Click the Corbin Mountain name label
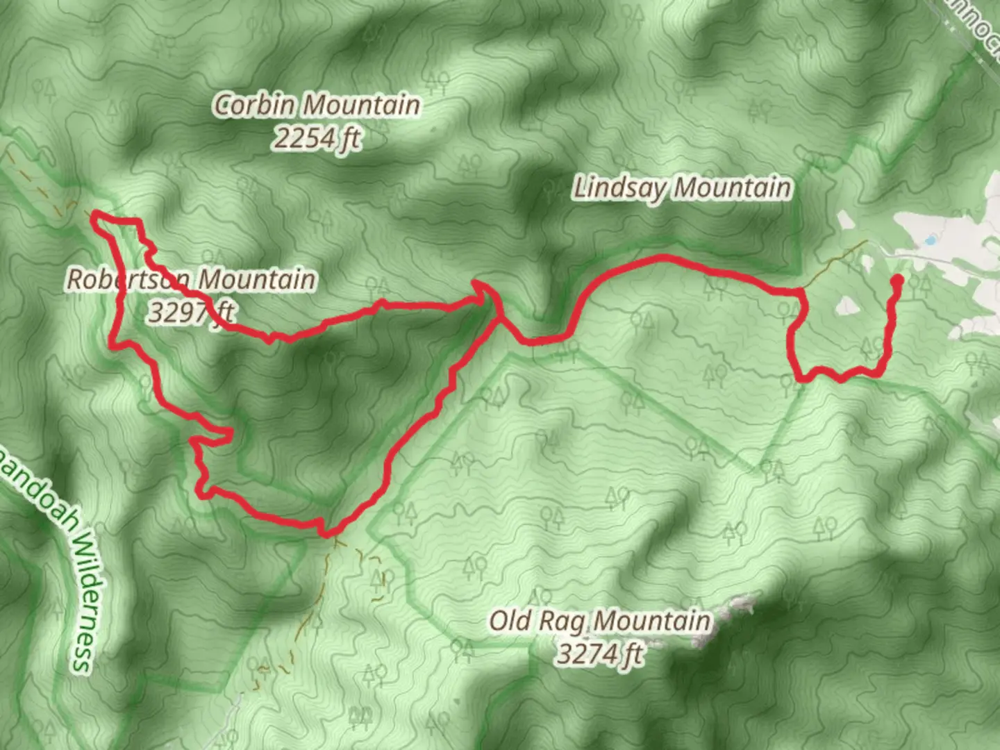pyautogui.click(x=317, y=106)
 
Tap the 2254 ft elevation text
pyautogui.click(x=317, y=139)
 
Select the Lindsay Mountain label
pyautogui.click(x=682, y=188)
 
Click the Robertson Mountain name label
pyautogui.click(x=191, y=279)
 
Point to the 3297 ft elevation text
pyautogui.click(x=191, y=312)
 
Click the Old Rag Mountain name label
pyautogui.click(x=600, y=620)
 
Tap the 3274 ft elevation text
pyautogui.click(x=600, y=653)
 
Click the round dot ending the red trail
pyautogui.click(x=897, y=281)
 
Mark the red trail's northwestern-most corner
pyautogui.click(x=95, y=217)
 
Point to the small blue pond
pyautogui.click(x=928, y=241)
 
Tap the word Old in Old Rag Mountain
pyautogui.click(x=510, y=620)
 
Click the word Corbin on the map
pyautogui.click(x=256, y=106)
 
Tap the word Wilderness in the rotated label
pyautogui.click(x=82, y=611)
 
